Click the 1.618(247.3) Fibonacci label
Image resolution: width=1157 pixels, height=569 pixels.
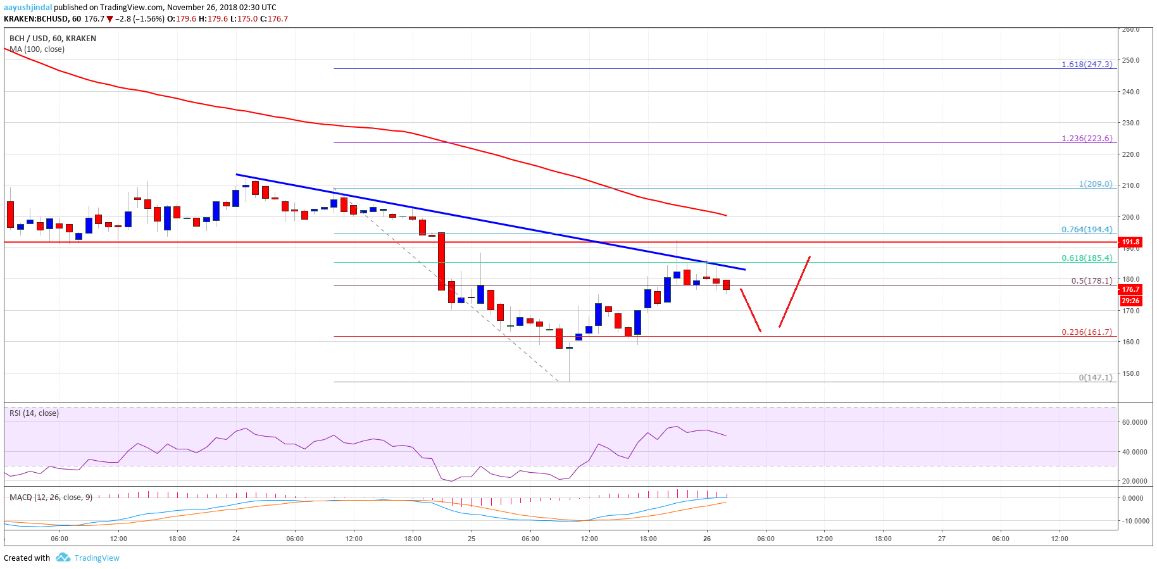pos(1087,65)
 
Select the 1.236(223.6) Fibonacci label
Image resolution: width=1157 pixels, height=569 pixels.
pos(1087,139)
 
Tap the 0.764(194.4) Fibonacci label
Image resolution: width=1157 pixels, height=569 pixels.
pos(1087,230)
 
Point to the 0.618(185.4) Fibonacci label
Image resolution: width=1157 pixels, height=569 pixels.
pos(1087,258)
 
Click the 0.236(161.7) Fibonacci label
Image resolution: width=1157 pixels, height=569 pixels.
pos(1087,332)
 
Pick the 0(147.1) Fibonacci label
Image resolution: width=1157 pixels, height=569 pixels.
pos(1095,378)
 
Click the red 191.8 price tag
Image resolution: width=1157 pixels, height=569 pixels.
pos(1130,242)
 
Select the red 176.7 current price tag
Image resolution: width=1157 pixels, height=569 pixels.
pos(1130,289)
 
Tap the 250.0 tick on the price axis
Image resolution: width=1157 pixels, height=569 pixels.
pos(1130,61)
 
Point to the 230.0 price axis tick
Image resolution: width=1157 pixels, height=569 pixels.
pos(1130,123)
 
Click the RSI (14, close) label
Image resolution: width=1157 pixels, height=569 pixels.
pos(34,413)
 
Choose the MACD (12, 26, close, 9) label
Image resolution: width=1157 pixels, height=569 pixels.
pos(51,497)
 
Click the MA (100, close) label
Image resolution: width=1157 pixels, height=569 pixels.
pos(37,49)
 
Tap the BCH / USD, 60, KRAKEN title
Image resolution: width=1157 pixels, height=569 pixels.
pos(53,39)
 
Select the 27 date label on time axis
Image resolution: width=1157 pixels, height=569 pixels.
pos(942,539)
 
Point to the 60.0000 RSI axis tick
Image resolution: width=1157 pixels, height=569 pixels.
pos(1134,422)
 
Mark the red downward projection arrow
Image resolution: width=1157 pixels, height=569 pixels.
pos(751,310)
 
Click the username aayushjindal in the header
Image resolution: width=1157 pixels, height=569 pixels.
pos(28,8)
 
